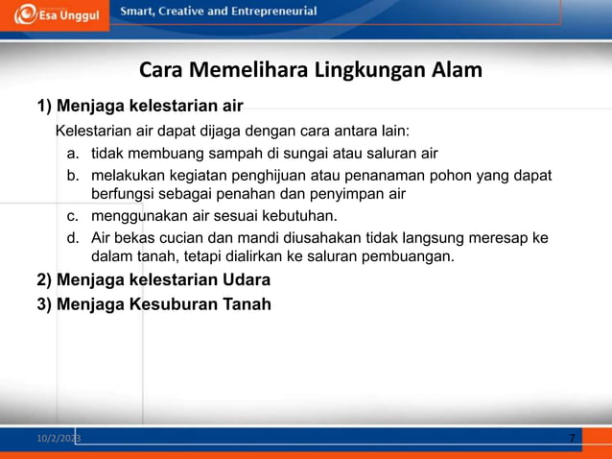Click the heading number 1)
(x=45, y=104)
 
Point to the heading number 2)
(x=45, y=280)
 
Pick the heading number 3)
(x=45, y=304)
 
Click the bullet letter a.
(x=72, y=154)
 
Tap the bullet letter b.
(x=72, y=176)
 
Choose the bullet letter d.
(x=72, y=237)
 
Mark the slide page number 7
(x=572, y=439)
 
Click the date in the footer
(x=59, y=439)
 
